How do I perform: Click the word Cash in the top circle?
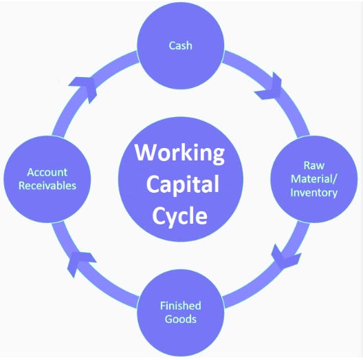pos(180,45)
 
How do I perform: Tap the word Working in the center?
pos(179,153)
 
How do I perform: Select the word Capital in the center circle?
pos(183,185)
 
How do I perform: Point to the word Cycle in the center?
pos(179,216)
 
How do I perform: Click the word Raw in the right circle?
pos(314,165)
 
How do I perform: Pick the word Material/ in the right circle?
pos(314,179)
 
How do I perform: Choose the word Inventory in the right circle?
pos(314,193)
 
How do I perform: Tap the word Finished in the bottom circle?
pos(181,306)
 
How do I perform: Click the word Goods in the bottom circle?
pos(181,319)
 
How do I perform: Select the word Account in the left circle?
pos(47,172)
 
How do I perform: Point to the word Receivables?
pos(47,186)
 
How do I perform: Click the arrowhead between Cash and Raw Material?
pos(270,87)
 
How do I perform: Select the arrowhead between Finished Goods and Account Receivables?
pos(80,263)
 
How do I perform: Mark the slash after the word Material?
pos(335,179)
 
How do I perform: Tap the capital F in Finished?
pos(163,306)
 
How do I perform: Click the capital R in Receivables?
pos(21,186)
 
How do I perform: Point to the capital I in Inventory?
pos(291,193)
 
